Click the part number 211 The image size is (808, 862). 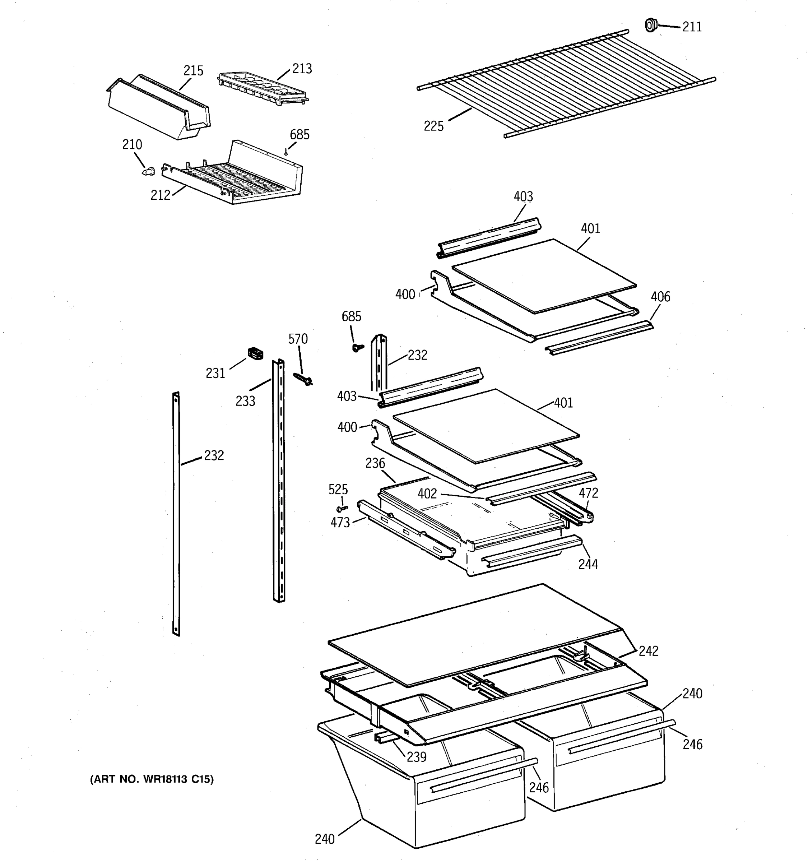coord(692,27)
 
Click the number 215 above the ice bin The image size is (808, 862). coord(193,70)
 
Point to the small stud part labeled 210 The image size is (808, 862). coord(149,171)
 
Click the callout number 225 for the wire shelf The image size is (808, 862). coord(433,126)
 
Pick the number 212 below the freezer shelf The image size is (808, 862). coord(161,195)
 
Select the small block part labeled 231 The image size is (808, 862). coord(255,353)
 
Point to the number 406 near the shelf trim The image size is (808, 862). coord(660,297)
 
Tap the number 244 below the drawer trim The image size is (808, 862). coord(588,564)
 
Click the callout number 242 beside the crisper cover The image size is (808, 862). coord(649,651)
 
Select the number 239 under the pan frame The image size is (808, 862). coord(417,757)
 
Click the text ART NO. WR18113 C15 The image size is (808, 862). coord(152,779)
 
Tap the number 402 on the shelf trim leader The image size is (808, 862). coord(427,493)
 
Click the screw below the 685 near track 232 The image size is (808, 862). coord(358,347)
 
